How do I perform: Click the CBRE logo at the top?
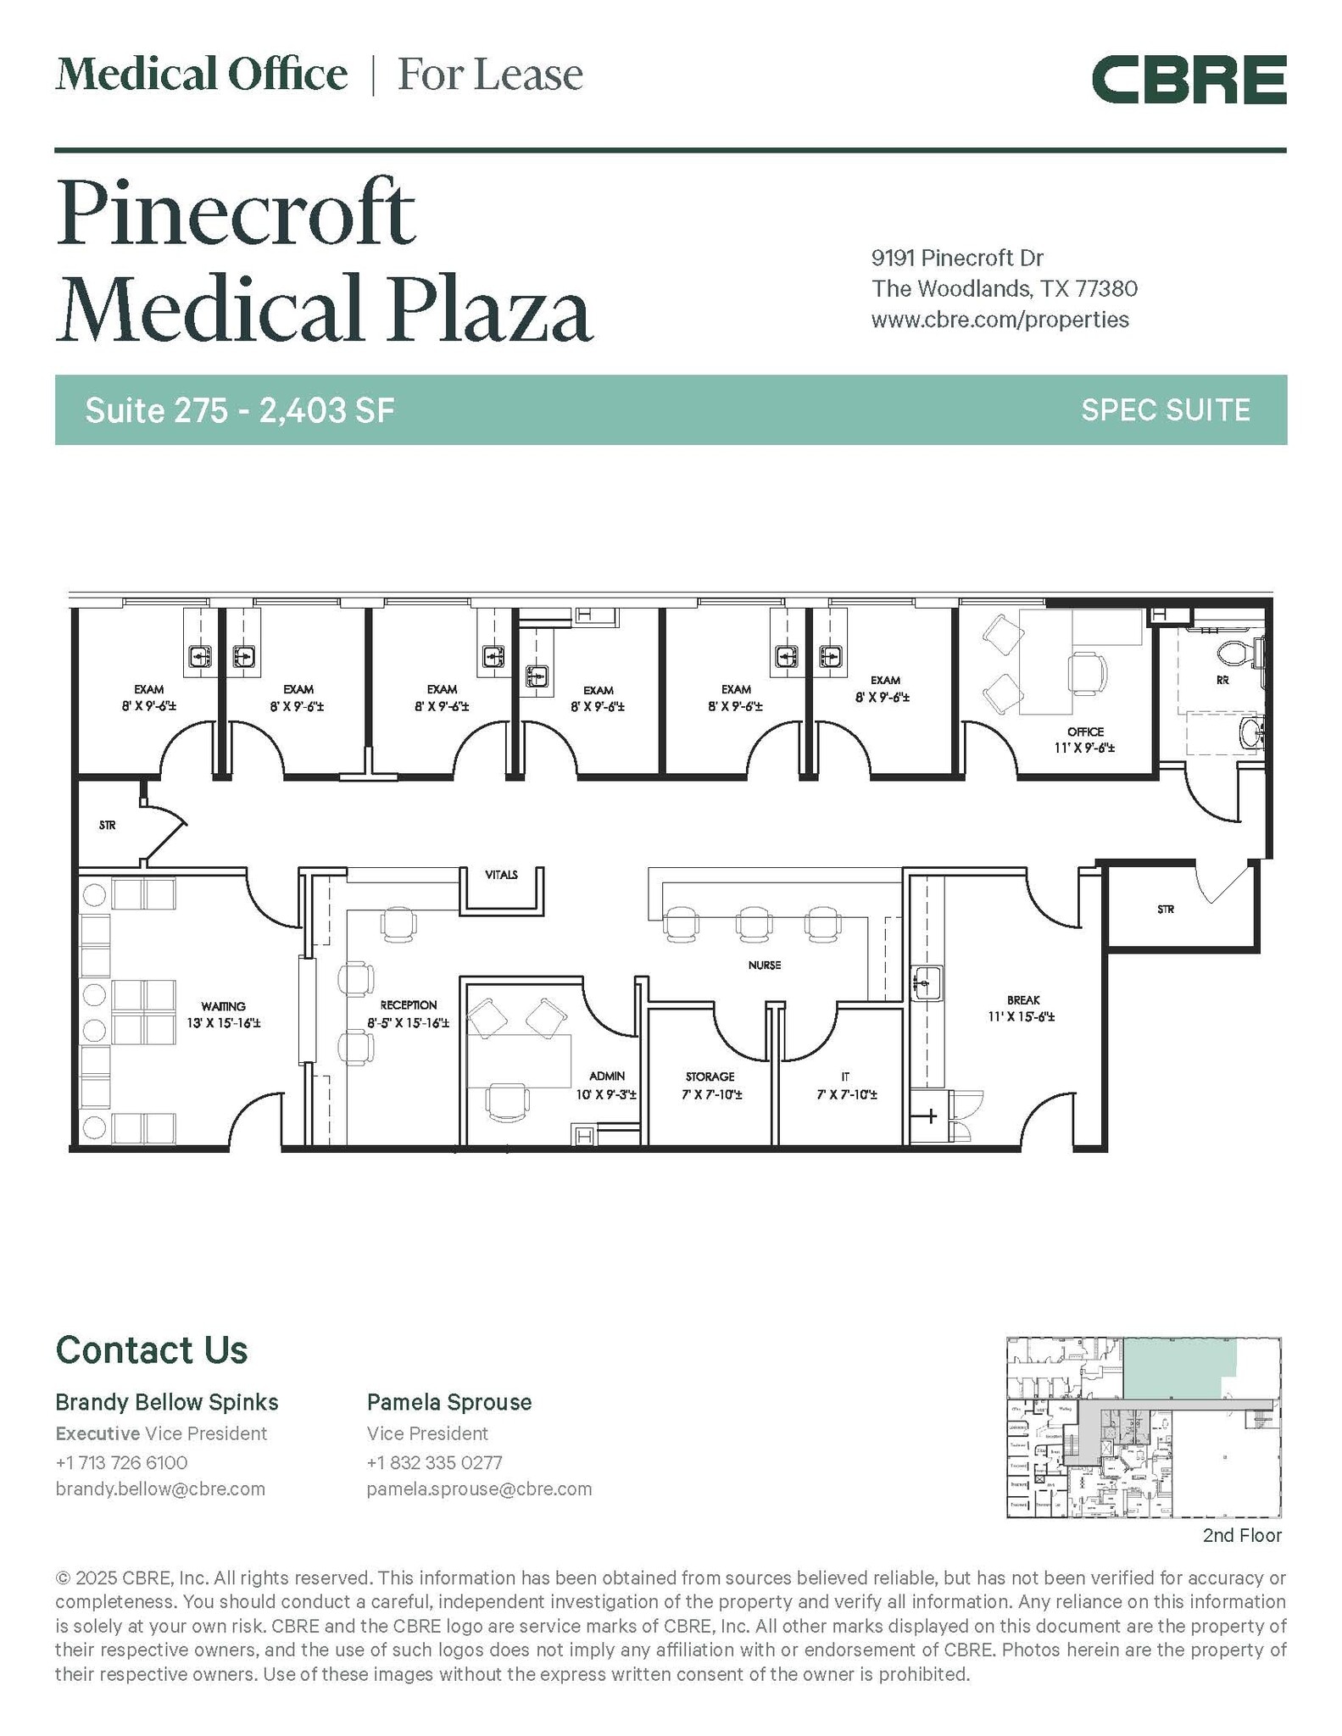point(1189,80)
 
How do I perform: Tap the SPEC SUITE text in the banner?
point(1166,410)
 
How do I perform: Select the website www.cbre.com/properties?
point(1000,320)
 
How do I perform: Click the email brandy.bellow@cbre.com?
point(160,1488)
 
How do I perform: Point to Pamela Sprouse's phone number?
point(434,1462)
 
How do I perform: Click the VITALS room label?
point(501,874)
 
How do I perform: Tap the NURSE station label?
point(764,965)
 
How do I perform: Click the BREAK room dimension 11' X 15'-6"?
point(1021,1016)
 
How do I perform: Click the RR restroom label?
point(1222,680)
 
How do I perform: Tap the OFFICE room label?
point(1085,732)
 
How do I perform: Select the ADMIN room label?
point(607,1076)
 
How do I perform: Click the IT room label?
point(845,1077)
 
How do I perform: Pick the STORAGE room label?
point(710,1077)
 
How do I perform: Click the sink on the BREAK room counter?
point(927,983)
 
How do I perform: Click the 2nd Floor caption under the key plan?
point(1242,1535)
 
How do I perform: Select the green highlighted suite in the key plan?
point(1178,1367)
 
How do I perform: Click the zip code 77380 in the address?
point(1105,289)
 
